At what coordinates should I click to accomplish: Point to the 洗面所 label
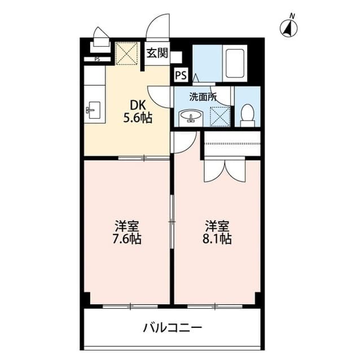point(202,96)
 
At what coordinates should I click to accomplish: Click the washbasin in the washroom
point(191,117)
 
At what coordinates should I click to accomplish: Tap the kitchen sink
point(94,110)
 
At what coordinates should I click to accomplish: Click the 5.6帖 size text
point(138,118)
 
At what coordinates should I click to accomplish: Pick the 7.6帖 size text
point(127,239)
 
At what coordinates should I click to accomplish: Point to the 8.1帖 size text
point(217,239)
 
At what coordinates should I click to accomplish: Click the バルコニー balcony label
point(172,327)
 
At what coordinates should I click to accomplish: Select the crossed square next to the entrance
point(126,54)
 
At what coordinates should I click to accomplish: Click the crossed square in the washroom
point(219,115)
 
